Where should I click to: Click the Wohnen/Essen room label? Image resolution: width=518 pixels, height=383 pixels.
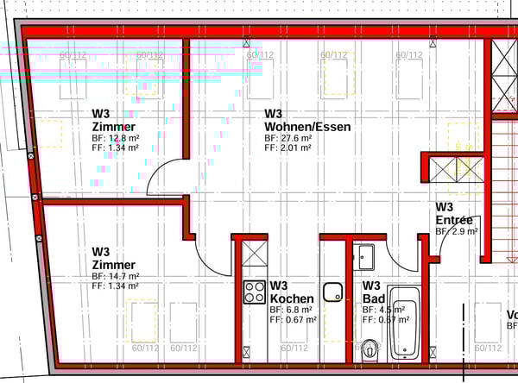click(307, 127)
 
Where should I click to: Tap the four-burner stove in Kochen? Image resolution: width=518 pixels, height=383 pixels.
click(254, 292)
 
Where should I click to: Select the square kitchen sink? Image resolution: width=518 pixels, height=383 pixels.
click(333, 292)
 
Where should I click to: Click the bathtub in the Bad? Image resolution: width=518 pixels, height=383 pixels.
click(404, 324)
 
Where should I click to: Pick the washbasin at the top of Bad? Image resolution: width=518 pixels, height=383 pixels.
click(363, 256)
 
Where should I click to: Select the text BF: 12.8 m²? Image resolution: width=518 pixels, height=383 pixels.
click(116, 137)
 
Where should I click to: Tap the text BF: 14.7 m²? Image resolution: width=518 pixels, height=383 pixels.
click(116, 276)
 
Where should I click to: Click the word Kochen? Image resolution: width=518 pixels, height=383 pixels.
click(292, 298)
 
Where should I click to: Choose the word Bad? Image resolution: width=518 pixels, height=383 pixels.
click(371, 298)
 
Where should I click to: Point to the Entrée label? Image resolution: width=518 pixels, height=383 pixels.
click(454, 220)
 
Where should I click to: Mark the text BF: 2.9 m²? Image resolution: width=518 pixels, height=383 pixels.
click(457, 231)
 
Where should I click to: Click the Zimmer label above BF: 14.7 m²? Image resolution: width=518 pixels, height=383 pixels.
click(113, 265)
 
